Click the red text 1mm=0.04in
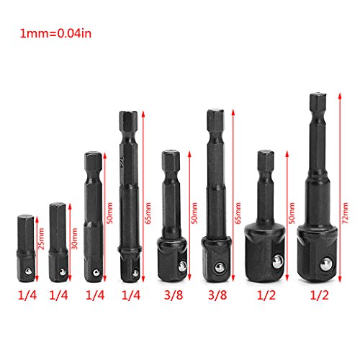[55, 34]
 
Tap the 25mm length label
[41, 238]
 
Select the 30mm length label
[75, 238]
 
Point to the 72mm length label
[345, 213]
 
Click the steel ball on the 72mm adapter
[326, 264]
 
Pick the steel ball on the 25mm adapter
[29, 271]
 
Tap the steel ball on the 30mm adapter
[63, 272]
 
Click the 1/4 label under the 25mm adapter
[27, 295]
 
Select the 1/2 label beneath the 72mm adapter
[319, 295]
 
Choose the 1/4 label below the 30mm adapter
[58, 295]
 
